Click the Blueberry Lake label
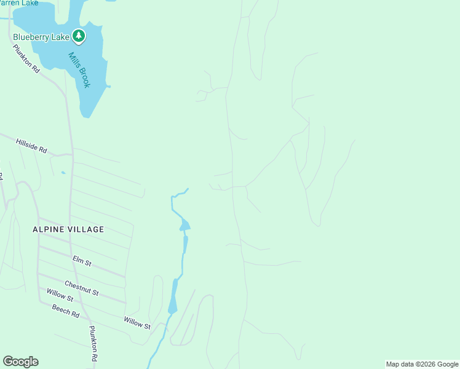41,37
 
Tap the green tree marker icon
78,36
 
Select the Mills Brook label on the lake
79,69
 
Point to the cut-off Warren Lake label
19,3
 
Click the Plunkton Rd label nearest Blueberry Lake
26,59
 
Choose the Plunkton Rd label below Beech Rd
94,344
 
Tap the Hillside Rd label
31,145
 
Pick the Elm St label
82,262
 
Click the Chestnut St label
82,288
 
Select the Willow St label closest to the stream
137,322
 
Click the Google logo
20,362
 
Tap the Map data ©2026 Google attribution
422,364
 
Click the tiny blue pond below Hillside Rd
62,172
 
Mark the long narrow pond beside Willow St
173,296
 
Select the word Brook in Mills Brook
83,77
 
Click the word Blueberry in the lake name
33,37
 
